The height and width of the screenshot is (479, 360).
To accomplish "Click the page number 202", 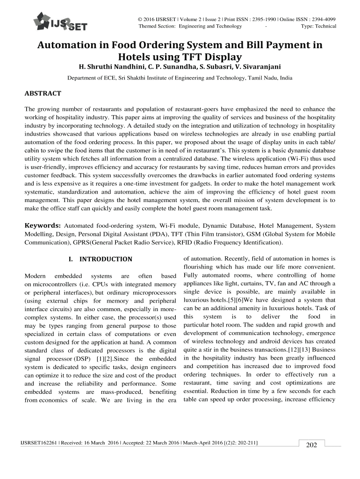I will tap(311, 445).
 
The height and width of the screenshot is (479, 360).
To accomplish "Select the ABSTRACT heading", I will tap(43, 94).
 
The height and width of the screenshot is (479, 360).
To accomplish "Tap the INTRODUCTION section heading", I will tap(100, 259).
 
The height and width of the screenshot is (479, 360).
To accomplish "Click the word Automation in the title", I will tap(66, 46).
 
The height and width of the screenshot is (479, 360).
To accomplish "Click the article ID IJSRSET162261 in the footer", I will tap(36, 442).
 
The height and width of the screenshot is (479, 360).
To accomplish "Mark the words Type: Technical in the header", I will tap(319, 26).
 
